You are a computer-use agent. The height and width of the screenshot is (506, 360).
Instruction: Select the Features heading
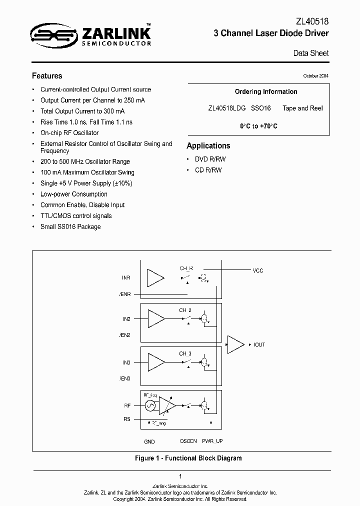(x=47, y=76)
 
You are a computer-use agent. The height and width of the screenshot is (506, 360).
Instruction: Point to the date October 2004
(x=316, y=76)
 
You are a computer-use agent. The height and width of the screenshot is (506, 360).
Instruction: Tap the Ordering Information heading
(x=266, y=92)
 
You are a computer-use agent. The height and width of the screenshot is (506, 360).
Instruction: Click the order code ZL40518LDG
(x=226, y=108)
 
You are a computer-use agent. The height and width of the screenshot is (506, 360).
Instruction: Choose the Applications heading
(x=208, y=146)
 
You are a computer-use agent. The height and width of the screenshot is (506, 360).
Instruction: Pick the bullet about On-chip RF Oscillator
(x=69, y=133)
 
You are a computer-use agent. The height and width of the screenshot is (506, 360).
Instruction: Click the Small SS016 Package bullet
(x=70, y=227)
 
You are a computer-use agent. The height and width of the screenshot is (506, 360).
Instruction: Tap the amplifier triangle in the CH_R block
(x=156, y=278)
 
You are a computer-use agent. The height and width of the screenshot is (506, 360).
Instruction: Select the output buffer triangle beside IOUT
(x=235, y=344)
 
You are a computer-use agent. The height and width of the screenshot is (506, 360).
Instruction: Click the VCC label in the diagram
(x=258, y=270)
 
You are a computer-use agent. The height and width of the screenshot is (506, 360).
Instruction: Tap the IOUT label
(x=259, y=345)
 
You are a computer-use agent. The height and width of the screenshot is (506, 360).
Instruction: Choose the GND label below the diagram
(x=149, y=441)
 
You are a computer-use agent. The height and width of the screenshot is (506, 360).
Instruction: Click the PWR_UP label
(x=212, y=441)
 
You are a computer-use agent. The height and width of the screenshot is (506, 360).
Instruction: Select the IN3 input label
(x=126, y=362)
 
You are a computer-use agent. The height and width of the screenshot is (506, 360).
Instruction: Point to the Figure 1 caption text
(x=188, y=458)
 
